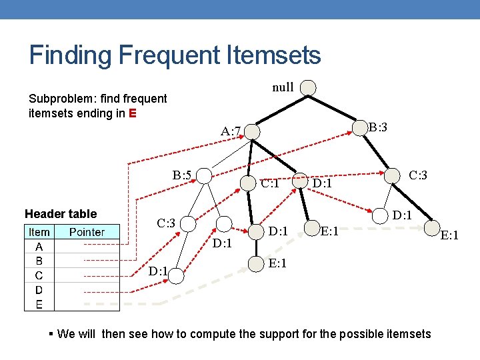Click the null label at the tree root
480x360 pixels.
click(x=283, y=87)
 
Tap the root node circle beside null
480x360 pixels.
click(x=307, y=88)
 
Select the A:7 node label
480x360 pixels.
click(x=234, y=129)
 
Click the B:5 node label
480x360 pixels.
click(x=182, y=175)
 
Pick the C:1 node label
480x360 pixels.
click(x=270, y=183)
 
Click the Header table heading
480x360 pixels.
click(x=61, y=214)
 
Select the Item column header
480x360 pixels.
click(x=39, y=232)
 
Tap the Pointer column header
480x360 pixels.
click(x=87, y=232)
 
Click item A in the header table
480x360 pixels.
click(x=39, y=246)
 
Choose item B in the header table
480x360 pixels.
click(x=39, y=261)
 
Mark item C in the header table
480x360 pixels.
click(x=39, y=275)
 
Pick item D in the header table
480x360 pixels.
click(x=39, y=290)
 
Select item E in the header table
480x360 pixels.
click(x=39, y=304)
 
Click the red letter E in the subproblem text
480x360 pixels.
click(x=133, y=113)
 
